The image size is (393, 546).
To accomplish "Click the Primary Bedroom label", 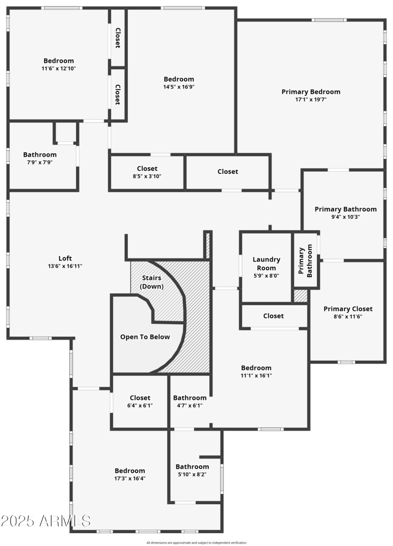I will click(310, 91).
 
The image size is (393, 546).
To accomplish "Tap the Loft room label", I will click(65, 259).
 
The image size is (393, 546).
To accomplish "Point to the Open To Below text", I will click(145, 337).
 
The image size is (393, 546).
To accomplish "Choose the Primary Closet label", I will click(348, 309).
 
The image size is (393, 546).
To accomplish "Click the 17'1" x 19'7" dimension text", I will click(310, 99).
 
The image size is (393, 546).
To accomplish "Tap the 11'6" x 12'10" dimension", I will click(58, 69).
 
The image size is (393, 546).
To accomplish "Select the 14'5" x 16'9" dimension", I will click(179, 87).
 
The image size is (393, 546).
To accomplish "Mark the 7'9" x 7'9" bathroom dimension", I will click(40, 163).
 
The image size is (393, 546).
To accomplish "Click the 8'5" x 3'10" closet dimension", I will click(147, 176).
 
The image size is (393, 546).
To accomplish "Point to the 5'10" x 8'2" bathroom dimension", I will click(192, 474).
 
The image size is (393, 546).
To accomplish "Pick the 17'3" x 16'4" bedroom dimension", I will click(130, 478).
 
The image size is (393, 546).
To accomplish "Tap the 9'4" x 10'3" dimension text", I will click(345, 217).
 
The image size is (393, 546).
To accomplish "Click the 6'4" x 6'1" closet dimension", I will click(140, 405).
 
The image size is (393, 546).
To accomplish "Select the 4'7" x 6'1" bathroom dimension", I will click(190, 405).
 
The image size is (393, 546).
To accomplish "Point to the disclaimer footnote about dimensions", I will click(196, 543).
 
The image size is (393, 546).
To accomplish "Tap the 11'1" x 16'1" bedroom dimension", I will click(256, 375).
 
